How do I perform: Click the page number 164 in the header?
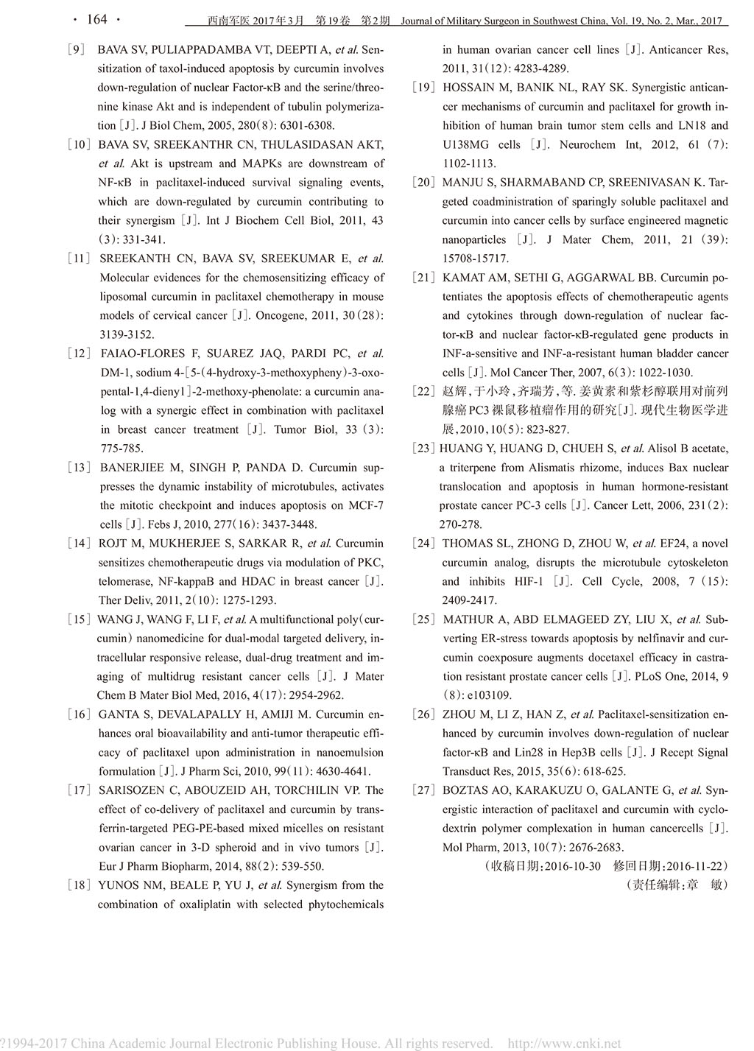point(96,20)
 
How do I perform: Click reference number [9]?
point(77,50)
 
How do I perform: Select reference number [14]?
point(79,544)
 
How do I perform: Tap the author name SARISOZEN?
point(131,790)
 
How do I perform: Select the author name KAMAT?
point(464,278)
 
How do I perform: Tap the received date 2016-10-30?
point(572,866)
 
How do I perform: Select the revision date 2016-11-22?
point(696,866)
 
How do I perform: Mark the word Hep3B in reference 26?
point(582,753)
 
